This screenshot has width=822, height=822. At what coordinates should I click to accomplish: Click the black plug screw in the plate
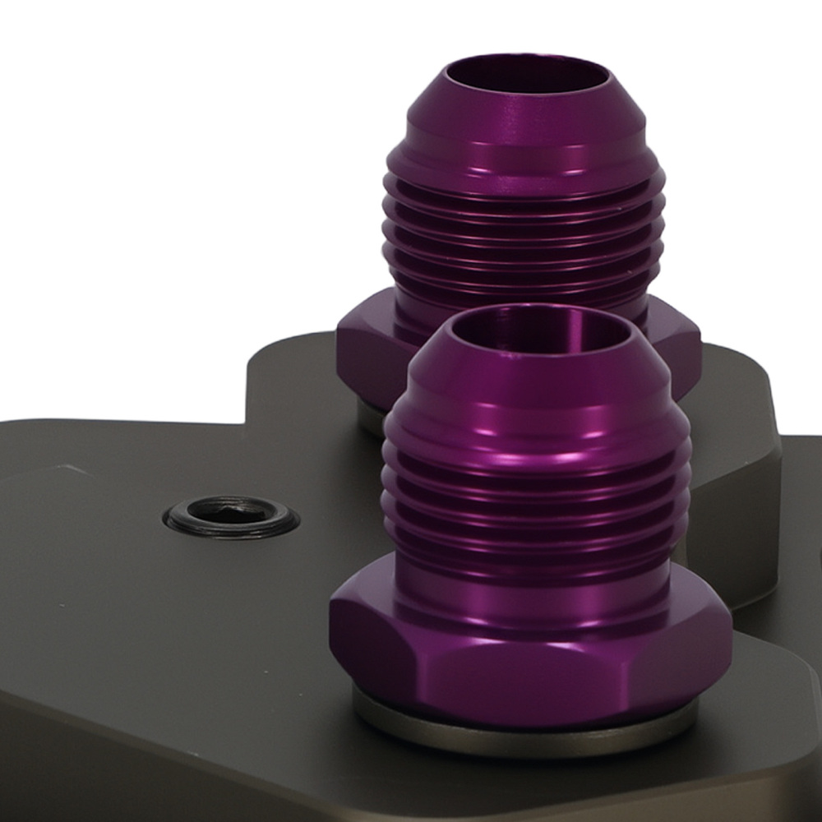pos(232,516)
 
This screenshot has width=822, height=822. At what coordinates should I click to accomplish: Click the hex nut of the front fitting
pos(526,658)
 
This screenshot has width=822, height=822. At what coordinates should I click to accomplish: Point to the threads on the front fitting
pos(534,493)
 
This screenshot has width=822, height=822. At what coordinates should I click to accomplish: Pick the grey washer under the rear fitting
pos(369,420)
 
